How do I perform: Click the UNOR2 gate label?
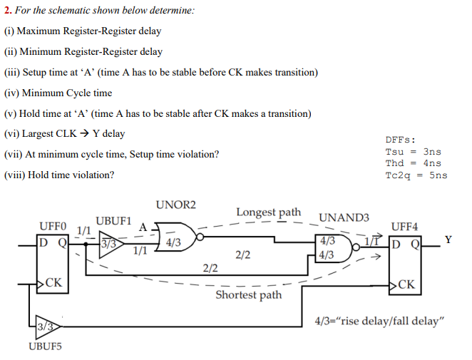pos(175,205)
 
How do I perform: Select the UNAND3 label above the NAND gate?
pos(344,217)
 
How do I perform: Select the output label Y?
pos(447,240)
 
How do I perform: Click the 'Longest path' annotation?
pos(268,212)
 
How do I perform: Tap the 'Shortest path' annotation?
pos(249,294)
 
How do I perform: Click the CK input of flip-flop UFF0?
pos(54,284)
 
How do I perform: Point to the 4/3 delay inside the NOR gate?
pos(173,242)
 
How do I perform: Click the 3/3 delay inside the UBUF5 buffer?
pos(46,327)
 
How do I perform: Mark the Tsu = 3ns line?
pos(413,152)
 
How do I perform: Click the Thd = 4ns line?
pos(413,163)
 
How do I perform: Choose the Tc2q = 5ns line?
pos(416,175)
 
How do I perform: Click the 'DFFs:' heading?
pos(400,140)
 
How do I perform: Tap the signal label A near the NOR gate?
pos(143,227)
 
